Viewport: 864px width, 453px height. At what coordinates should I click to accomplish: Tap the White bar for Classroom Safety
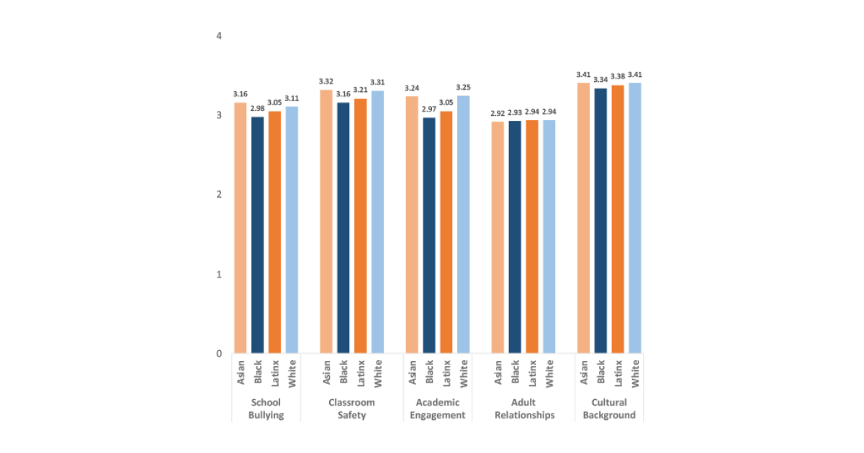pos(377,222)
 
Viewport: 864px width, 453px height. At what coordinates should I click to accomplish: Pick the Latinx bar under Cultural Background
pos(618,219)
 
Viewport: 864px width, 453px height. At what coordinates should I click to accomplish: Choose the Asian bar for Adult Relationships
pos(498,237)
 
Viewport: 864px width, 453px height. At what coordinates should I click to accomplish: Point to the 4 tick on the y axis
pos(219,36)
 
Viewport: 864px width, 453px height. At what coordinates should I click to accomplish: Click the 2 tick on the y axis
pos(219,195)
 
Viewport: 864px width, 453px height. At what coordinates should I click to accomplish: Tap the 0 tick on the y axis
pos(219,354)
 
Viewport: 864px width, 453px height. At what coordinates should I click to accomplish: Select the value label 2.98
pos(257,109)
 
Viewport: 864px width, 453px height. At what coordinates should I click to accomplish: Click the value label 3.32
pos(325,81)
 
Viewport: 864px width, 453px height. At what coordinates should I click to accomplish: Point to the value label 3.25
pos(463,87)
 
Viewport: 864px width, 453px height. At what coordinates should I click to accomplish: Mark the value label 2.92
pos(498,114)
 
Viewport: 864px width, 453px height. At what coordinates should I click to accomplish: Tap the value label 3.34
pos(600,80)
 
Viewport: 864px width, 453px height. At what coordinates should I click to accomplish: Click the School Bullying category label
pos(266,408)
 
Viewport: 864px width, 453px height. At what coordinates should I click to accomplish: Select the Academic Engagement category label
pos(437,408)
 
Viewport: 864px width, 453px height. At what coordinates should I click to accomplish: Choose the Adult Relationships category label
pos(523,408)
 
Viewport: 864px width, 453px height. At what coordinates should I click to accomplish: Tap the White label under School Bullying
pos(292,373)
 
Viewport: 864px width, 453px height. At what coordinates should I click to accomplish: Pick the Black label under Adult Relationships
pos(515,373)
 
